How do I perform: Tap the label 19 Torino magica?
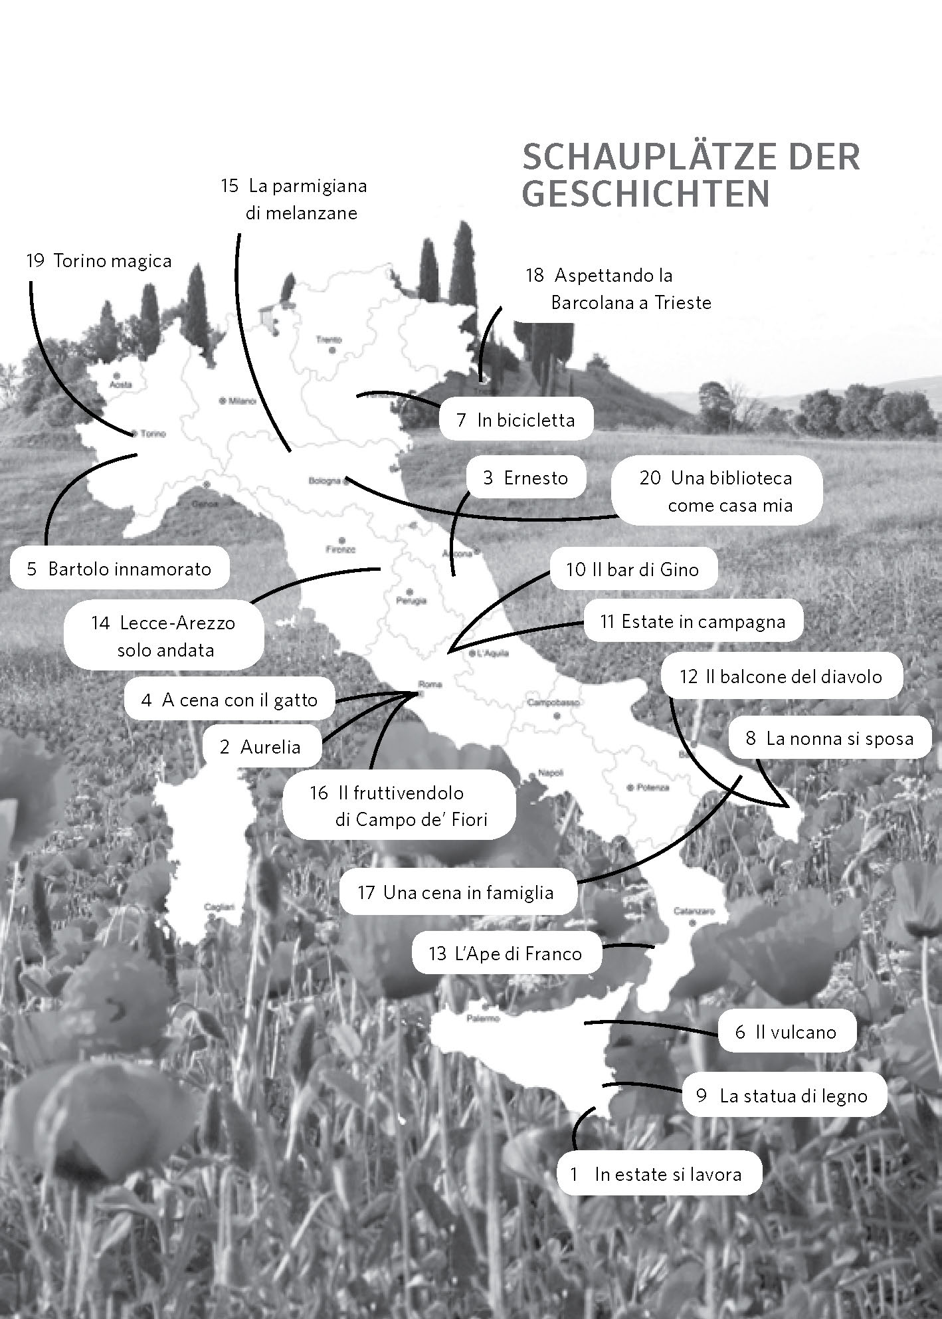99,260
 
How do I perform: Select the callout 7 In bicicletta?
516,419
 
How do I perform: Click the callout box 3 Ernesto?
525,478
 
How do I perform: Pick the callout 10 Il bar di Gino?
632,569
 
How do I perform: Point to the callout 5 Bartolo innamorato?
120,569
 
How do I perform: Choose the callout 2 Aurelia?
260,747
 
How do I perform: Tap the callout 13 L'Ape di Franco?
506,954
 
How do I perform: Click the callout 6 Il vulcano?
786,1032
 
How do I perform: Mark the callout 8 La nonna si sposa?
830,738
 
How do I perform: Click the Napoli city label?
551,773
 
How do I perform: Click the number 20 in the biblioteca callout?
650,478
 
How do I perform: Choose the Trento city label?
329,340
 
